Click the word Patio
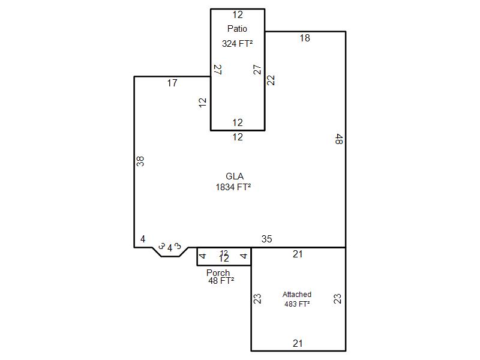pyautogui.click(x=237, y=28)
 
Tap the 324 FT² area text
pyautogui.click(x=237, y=43)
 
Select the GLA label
pyautogui.click(x=235, y=176)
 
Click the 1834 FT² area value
pyautogui.click(x=233, y=187)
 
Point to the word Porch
pyautogui.click(x=218, y=272)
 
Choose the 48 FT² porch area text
pyautogui.click(x=221, y=280)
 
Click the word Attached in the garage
pyautogui.click(x=296, y=294)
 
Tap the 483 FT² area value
pyautogui.click(x=297, y=304)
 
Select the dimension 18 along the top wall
pyautogui.click(x=305, y=38)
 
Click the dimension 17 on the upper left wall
pyautogui.click(x=172, y=83)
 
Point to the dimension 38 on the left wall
pyautogui.click(x=140, y=161)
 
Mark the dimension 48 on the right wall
pyautogui.click(x=339, y=139)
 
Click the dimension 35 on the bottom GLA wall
pyautogui.click(x=266, y=239)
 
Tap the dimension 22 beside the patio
pyautogui.click(x=271, y=80)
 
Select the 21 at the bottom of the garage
pyautogui.click(x=298, y=343)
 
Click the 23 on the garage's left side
pyautogui.click(x=257, y=298)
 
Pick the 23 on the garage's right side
pyautogui.click(x=337, y=298)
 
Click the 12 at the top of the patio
pyautogui.click(x=238, y=14)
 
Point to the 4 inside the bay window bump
pyautogui.click(x=170, y=248)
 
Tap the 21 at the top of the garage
pyautogui.click(x=298, y=254)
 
